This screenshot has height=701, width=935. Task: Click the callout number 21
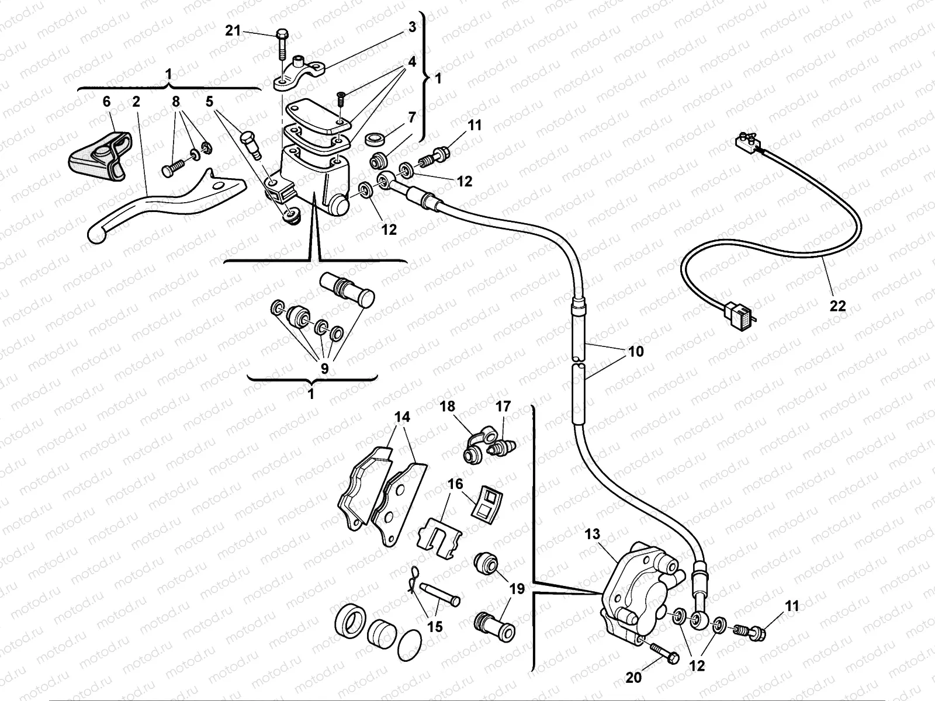pos(233,31)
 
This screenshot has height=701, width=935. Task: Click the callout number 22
pos(837,306)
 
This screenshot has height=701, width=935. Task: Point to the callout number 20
pos(633,678)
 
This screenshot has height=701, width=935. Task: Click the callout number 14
pos(402,417)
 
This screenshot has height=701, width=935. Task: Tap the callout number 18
pos(448,407)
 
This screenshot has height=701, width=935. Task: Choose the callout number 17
pos(503,407)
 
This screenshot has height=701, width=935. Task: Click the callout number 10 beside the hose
pos(635,351)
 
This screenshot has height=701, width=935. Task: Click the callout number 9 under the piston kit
pos(325,369)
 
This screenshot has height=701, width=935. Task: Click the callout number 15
pos(435,627)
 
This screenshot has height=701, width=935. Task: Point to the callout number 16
pos(455,484)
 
